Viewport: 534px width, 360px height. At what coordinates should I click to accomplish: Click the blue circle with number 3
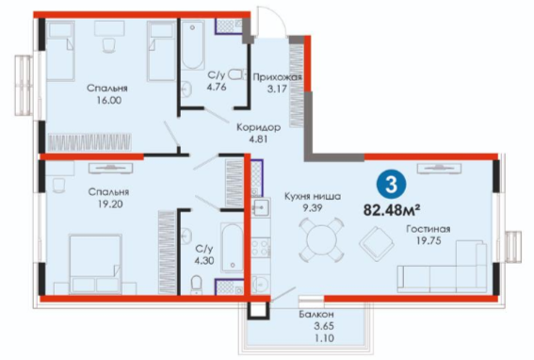391,185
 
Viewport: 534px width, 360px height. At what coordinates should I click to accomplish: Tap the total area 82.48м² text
391,209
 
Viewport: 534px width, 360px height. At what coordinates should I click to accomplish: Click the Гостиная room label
429,229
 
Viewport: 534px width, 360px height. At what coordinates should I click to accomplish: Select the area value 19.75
429,240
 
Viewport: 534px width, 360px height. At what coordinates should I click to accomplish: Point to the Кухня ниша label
313,196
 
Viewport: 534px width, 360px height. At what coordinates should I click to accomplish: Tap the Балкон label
316,314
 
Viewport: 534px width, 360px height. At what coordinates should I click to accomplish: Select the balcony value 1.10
324,338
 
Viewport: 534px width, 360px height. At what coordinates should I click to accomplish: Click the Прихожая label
277,77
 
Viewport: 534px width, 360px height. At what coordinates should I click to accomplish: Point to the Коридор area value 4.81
258,139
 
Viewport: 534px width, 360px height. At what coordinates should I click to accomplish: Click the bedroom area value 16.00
108,100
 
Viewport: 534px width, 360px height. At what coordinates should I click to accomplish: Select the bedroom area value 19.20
109,205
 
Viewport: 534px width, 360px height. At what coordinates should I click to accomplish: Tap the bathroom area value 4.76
217,87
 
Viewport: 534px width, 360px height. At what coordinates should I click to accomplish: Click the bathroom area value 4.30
204,261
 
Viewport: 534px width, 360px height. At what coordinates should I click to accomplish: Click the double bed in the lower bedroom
95,264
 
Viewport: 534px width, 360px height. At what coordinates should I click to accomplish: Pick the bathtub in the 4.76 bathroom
192,44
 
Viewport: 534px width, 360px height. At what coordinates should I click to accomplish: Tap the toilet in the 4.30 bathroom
196,284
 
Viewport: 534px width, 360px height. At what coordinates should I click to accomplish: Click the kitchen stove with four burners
261,248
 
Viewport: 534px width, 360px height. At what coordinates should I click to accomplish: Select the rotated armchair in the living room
377,244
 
